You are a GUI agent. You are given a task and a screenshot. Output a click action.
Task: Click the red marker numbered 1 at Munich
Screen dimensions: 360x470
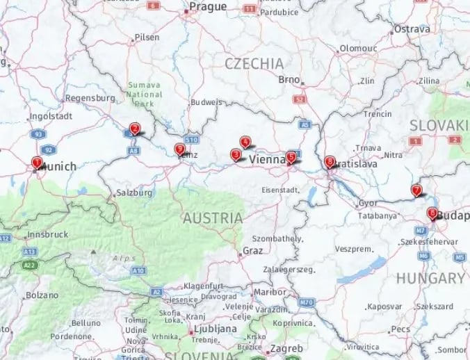pyautogui.click(x=37, y=162)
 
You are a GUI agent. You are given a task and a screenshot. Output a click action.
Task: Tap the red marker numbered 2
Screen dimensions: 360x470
pyautogui.click(x=134, y=128)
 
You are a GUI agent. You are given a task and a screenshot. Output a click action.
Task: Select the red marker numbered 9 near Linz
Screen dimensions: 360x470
pyautogui.click(x=179, y=149)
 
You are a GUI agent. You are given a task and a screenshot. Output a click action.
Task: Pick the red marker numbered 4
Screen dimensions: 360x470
pyautogui.click(x=245, y=142)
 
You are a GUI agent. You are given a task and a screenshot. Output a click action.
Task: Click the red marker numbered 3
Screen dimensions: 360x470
pyautogui.click(x=236, y=154)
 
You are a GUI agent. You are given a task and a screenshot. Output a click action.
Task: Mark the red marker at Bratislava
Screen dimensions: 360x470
pyautogui.click(x=329, y=161)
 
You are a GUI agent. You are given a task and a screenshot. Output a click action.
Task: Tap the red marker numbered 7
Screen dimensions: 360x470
pyautogui.click(x=416, y=190)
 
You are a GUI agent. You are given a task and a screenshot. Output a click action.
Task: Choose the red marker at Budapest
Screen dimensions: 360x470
pyautogui.click(x=432, y=213)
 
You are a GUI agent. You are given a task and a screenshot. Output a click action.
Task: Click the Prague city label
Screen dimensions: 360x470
pyautogui.click(x=209, y=7)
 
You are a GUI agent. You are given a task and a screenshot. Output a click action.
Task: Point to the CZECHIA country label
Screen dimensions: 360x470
pyautogui.click(x=254, y=64)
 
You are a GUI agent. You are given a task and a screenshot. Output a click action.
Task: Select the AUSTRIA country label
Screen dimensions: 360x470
pyautogui.click(x=213, y=218)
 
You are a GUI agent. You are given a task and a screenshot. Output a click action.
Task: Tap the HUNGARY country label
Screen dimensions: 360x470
pyautogui.click(x=430, y=279)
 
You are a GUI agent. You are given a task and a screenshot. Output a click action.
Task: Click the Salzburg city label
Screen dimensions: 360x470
pyautogui.click(x=134, y=193)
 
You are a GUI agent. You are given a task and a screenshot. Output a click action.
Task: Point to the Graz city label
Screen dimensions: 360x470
pyautogui.click(x=252, y=250)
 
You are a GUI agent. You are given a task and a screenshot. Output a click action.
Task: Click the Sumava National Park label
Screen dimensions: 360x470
pyautogui.click(x=145, y=95)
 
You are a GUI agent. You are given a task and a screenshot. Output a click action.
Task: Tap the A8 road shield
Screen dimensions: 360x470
pyautogui.click(x=133, y=149)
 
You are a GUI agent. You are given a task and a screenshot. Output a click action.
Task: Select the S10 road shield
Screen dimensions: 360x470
pyautogui.click(x=192, y=139)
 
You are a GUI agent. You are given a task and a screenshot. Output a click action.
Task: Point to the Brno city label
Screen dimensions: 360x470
pyautogui.click(x=289, y=79)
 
